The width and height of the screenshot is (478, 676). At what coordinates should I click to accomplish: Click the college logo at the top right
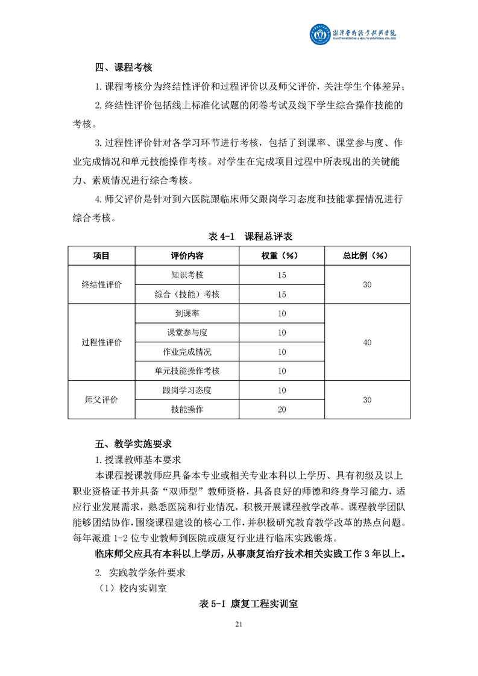click(356, 34)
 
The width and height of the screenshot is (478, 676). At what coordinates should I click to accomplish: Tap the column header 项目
click(101, 255)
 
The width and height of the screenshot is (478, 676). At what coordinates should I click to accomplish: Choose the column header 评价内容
click(187, 255)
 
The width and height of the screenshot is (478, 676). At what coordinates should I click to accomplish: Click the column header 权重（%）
click(281, 255)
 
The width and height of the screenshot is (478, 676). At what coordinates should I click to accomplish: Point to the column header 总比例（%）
click(367, 255)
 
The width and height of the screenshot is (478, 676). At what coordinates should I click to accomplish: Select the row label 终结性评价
click(101, 284)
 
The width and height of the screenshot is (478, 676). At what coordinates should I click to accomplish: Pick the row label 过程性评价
click(101, 342)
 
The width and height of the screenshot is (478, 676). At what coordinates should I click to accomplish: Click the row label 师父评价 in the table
click(101, 400)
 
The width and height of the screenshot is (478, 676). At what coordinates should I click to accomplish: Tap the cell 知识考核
click(187, 275)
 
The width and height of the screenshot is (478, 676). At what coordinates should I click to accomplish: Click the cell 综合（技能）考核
click(187, 294)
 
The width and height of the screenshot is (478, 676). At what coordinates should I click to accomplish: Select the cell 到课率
click(187, 313)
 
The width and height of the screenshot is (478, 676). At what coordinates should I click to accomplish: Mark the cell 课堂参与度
click(187, 333)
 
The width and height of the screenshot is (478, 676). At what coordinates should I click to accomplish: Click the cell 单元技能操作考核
click(187, 371)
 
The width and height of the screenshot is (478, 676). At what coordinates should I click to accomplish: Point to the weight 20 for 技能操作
click(281, 410)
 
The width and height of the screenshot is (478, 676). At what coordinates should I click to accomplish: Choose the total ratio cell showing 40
click(367, 342)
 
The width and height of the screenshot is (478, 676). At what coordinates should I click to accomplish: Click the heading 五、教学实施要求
click(133, 444)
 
